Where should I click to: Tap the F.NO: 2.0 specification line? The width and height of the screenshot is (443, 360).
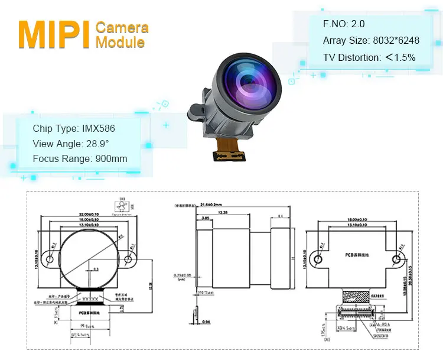[x=344, y=24]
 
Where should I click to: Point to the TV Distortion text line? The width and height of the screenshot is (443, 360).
[x=369, y=57]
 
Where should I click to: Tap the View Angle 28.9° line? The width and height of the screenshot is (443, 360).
[x=71, y=144]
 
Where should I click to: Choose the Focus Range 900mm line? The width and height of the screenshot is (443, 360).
[x=80, y=158]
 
